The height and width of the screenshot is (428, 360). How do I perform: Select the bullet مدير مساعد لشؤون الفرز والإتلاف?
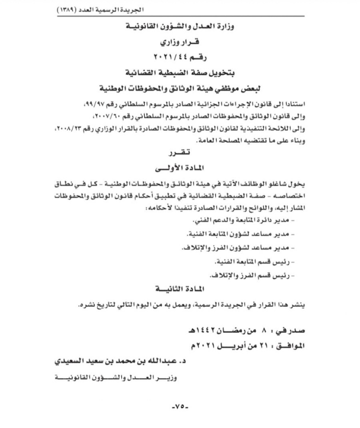(244, 247)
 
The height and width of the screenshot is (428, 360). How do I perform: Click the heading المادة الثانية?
(180, 290)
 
